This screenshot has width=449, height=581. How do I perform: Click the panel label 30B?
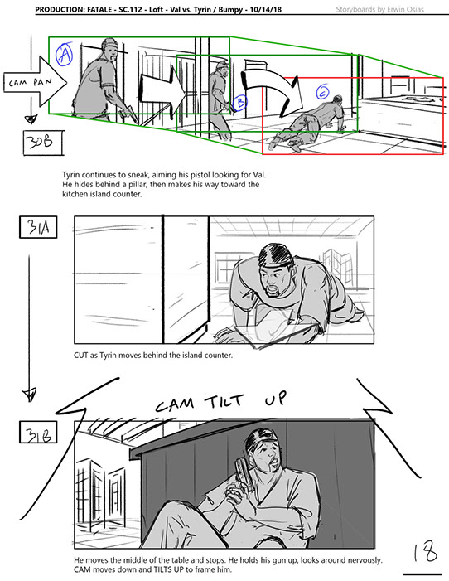click(x=43, y=143)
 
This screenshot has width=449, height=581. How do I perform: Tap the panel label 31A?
click(x=38, y=227)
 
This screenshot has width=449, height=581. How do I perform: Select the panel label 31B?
click(x=38, y=432)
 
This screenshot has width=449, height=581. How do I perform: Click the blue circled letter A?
click(x=65, y=55)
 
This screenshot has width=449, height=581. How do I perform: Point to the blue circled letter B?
click(x=241, y=101)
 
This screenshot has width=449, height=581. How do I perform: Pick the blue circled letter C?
click(x=323, y=91)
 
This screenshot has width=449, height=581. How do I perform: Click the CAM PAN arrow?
click(x=35, y=82)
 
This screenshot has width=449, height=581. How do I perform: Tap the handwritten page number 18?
click(x=426, y=553)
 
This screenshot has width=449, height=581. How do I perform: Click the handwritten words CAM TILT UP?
click(x=221, y=401)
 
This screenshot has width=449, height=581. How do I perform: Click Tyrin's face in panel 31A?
click(x=276, y=278)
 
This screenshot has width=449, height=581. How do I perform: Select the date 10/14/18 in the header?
click(x=265, y=10)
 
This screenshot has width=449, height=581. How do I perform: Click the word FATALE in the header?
click(x=99, y=10)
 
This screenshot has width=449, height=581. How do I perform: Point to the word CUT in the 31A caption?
click(x=80, y=356)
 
